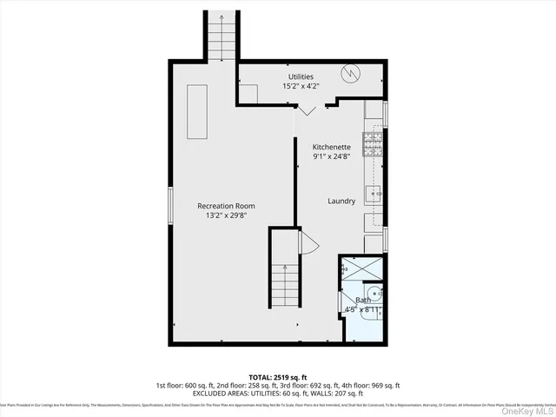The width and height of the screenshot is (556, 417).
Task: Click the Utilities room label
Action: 301,76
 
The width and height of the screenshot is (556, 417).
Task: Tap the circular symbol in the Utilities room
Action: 350,73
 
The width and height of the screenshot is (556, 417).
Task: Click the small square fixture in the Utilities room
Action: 250,94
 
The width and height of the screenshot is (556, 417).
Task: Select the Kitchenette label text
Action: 332,148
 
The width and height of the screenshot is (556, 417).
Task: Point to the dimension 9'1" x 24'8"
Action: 332,157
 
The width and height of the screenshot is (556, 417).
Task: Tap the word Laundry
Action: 341,201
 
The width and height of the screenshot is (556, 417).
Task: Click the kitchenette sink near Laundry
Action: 374,193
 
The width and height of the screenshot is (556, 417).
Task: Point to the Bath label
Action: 362,300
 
